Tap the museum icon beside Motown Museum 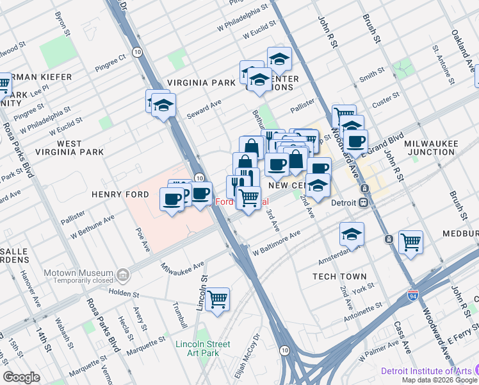[x=124, y=275]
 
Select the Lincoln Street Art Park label [x=202, y=348]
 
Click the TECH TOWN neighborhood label [x=339, y=277]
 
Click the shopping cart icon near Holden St [x=218, y=299]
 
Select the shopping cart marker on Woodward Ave [x=410, y=243]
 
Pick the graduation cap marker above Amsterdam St [x=352, y=234]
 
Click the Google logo [x=21, y=377]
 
